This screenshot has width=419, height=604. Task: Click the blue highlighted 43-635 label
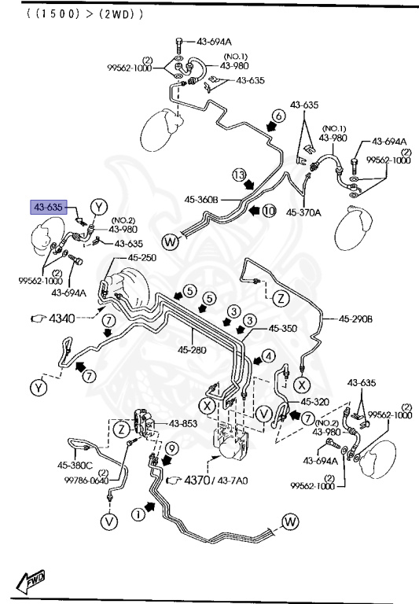[x=49, y=208]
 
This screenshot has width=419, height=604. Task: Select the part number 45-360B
[x=201, y=200]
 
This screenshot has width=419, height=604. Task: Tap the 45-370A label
[x=303, y=212]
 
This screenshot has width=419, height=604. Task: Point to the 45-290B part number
[x=355, y=319]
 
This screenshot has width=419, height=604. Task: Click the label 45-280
[x=192, y=350]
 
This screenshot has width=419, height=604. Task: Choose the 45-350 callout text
[x=283, y=328]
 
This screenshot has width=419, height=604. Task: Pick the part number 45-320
[x=315, y=402]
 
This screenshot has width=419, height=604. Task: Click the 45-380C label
[x=75, y=466]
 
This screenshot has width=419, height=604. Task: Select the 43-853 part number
[x=183, y=424]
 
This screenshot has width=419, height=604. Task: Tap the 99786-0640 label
[x=86, y=481]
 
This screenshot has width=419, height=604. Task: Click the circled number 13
[x=239, y=175]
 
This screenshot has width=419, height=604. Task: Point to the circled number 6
[x=279, y=116]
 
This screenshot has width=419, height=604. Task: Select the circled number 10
[x=270, y=211]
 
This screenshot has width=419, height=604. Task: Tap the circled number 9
[x=172, y=448]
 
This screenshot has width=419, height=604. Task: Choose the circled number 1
[x=138, y=514]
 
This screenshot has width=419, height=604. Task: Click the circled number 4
[x=269, y=356]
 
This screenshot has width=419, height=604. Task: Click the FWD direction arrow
[x=31, y=581]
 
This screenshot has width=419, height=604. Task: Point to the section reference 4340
[x=62, y=319]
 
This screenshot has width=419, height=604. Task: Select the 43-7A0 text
[x=233, y=481]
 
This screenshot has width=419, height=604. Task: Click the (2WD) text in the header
[x=122, y=14]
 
